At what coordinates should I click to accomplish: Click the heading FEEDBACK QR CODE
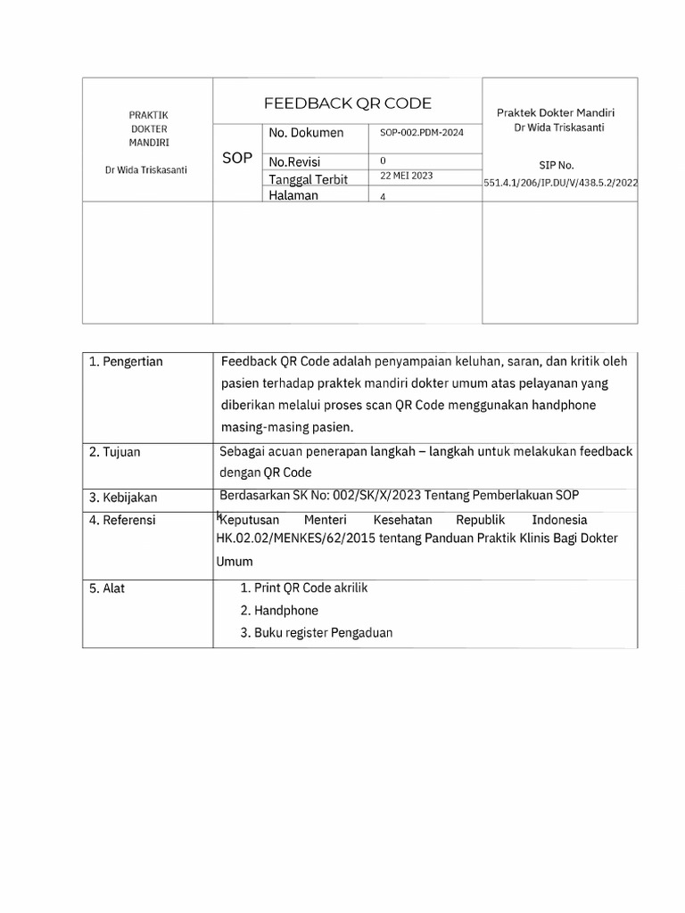(x=347, y=103)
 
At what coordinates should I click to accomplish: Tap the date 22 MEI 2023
(x=406, y=176)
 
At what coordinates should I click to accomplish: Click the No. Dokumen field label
(x=306, y=133)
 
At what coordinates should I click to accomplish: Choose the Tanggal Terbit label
(x=308, y=179)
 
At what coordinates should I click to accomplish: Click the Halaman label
(x=293, y=196)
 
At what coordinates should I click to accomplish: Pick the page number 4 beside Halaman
(x=383, y=198)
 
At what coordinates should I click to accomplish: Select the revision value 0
(x=383, y=161)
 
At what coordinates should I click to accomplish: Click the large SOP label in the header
(x=237, y=158)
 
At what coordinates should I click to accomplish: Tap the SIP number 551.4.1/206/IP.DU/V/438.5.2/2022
(x=561, y=182)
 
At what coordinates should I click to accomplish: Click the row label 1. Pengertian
(x=126, y=361)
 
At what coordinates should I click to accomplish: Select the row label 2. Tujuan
(x=115, y=452)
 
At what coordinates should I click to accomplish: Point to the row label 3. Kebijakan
(x=123, y=497)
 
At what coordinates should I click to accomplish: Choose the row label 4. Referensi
(x=122, y=520)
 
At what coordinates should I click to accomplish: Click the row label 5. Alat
(x=107, y=588)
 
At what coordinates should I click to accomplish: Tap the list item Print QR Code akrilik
(x=304, y=588)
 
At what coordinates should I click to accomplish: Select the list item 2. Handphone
(x=279, y=611)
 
